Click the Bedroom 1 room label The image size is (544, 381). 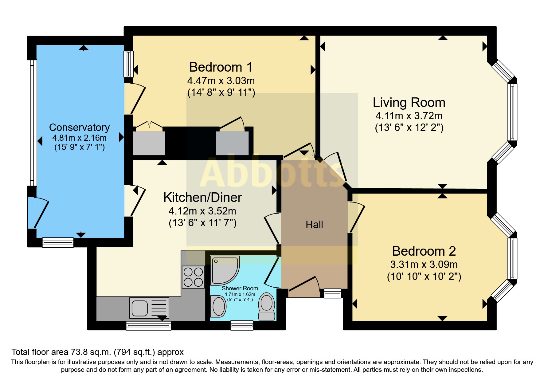tap(221, 67)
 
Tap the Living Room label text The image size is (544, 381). tap(409, 102)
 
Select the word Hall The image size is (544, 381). tap(314, 224)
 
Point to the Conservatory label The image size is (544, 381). tap(79, 127)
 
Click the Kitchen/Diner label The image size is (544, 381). tap(202, 197)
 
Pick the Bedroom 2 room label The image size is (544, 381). tap(424, 251)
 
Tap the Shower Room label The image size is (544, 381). tap(240, 288)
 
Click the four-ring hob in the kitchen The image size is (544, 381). tap(193, 277)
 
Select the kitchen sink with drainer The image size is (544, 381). tap(149, 308)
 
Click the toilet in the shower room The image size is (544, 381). tap(266, 306)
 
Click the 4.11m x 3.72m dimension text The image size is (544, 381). tap(409, 116)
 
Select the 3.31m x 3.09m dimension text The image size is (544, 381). tap(424, 264)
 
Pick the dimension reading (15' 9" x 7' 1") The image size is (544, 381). tap(80, 147)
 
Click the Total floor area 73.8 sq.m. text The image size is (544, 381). tap(97, 352)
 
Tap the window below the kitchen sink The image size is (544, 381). tap(149, 326)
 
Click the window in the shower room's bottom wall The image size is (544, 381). tap(242, 325)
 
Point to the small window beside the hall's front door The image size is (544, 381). tap(333, 293)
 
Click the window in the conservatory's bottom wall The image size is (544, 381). tap(58, 242)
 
